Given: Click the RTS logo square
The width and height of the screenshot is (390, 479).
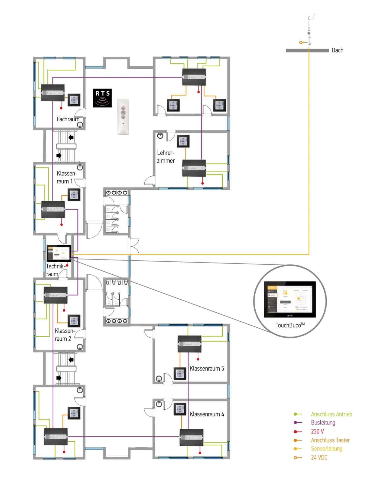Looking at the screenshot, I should coord(102,98).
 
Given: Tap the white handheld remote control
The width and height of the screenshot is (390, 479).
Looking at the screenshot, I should coord(123,117).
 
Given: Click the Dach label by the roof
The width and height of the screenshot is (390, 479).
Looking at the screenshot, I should coord(337,50).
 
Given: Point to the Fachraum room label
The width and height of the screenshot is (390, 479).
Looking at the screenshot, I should coord(68,119).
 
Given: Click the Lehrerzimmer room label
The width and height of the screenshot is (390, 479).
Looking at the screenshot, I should coord(166,157).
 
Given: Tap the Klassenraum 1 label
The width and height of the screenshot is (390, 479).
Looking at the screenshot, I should coord(67,177).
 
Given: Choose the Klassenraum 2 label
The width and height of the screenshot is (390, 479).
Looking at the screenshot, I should coord(64,335).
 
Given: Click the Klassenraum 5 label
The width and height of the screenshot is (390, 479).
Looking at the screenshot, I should coord(207,368).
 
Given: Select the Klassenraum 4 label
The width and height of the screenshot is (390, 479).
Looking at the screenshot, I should coord(207,414).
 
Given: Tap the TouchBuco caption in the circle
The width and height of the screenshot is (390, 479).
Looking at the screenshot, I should coord(290,325).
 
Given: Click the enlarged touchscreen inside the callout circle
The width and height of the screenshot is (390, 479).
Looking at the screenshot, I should coord(290,299).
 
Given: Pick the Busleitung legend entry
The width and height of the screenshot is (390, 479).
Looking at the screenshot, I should coord(323,423).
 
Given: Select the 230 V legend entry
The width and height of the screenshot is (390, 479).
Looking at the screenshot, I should coord(317,431).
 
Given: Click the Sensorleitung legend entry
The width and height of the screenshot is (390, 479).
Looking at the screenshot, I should coord(326,449).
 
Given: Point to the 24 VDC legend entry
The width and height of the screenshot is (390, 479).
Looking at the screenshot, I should coord(319,458).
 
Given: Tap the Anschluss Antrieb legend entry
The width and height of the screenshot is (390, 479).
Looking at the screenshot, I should coord(331,414).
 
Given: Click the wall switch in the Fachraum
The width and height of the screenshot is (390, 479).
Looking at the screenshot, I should coord(74,100).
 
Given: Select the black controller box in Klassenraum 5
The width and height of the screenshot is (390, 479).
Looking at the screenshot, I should coord(190,344).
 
